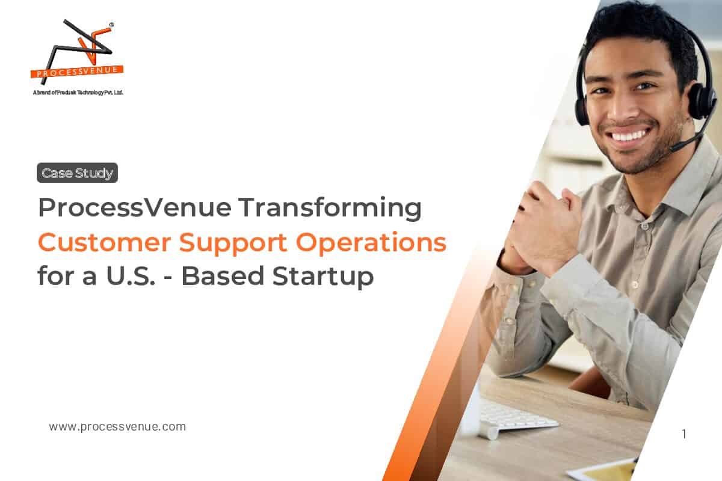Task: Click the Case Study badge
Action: tap(77, 173)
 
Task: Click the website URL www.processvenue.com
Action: tap(117, 427)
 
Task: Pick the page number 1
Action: tap(684, 434)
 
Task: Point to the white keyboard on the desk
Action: tap(517, 415)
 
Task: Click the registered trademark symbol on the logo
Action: tap(111, 25)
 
